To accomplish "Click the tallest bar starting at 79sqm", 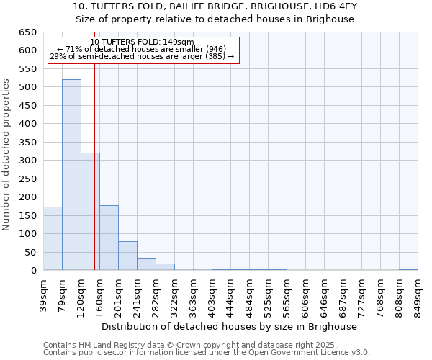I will [x=71, y=175].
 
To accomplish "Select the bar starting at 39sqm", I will [x=53, y=238].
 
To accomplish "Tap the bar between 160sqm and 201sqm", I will [x=109, y=238].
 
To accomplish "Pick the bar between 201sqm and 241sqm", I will [x=127, y=256].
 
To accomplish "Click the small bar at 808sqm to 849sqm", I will [x=408, y=269].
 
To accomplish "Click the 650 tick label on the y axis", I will [x=27, y=32].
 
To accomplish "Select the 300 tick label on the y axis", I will [x=27, y=161].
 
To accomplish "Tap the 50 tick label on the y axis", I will [x=30, y=253].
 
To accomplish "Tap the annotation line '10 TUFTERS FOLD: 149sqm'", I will [x=142, y=42].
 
